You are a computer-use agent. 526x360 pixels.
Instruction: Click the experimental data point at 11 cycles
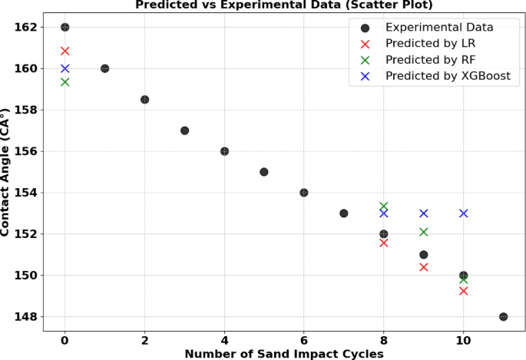(x=503, y=316)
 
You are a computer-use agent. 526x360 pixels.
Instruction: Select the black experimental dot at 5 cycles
(x=264, y=172)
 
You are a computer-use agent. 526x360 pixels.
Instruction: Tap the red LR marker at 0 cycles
(x=65, y=51)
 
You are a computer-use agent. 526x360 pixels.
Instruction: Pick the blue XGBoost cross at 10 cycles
(x=463, y=213)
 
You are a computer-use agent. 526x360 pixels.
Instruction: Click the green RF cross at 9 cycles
(x=423, y=231)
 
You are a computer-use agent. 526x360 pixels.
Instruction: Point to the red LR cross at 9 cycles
(x=423, y=267)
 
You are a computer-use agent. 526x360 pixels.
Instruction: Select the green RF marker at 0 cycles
(x=65, y=81)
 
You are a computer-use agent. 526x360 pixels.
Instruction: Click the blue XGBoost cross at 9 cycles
(x=423, y=213)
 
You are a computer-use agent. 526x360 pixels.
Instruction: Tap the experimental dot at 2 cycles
(x=144, y=100)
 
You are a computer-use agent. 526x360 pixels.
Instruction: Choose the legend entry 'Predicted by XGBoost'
(x=448, y=76)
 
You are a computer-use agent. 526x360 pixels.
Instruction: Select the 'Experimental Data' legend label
(x=439, y=28)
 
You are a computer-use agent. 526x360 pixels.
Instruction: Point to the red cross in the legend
(x=366, y=44)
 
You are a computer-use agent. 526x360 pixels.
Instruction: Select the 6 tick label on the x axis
(x=304, y=340)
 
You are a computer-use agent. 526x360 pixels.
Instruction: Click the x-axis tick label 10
(x=463, y=340)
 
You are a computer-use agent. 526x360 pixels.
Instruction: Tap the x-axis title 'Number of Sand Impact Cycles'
(x=284, y=353)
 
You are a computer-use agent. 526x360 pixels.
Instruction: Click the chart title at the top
(x=284, y=5)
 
